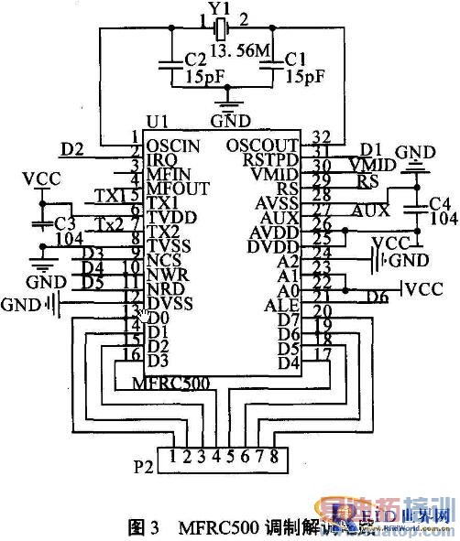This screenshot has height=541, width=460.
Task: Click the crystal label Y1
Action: click(x=217, y=7)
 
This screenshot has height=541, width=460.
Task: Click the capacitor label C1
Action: click(x=294, y=58)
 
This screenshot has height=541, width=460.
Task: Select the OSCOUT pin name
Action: click(x=261, y=145)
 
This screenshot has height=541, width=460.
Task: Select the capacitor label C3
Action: click(x=64, y=224)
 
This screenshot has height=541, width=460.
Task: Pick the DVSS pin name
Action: click(x=168, y=304)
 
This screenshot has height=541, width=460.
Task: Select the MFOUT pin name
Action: click(x=171, y=189)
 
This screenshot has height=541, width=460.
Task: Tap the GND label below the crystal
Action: click(x=229, y=120)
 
